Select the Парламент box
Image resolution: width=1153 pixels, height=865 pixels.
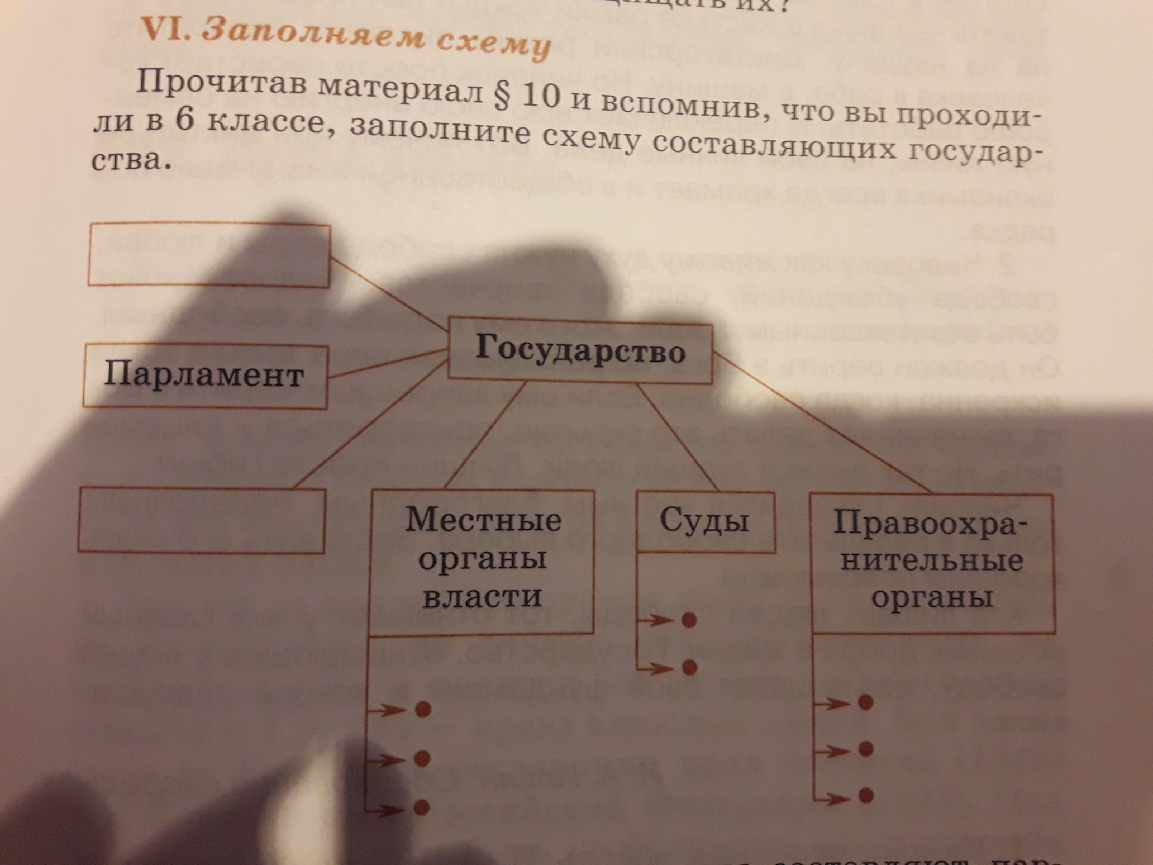[x=205, y=376]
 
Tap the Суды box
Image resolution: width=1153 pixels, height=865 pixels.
[x=705, y=522]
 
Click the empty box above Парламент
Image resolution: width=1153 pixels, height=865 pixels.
[x=209, y=255]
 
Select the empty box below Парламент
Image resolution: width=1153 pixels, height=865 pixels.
[x=201, y=520]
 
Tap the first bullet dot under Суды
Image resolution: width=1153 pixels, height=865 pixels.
[x=689, y=620]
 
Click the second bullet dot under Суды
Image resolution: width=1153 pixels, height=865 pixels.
[x=689, y=667]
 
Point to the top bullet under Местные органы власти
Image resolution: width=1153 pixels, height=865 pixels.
[x=423, y=710]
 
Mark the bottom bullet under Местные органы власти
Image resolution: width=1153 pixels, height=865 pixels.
[x=422, y=807]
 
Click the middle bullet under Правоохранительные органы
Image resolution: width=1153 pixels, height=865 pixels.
[x=865, y=749]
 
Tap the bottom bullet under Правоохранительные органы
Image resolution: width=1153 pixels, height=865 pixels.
[x=865, y=795]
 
